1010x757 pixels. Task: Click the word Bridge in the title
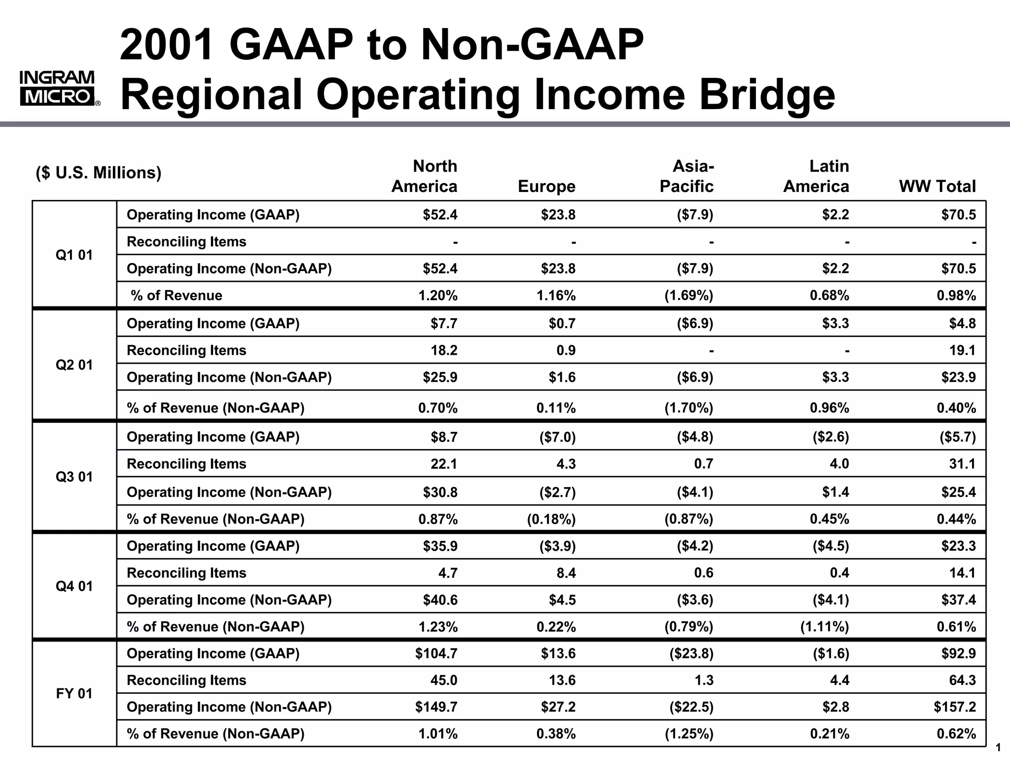767,94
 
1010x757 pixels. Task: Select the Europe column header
546,186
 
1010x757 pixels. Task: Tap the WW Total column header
937,186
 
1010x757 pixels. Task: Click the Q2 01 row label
74,365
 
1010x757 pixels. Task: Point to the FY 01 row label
74,693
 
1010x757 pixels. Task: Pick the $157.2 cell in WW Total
954,707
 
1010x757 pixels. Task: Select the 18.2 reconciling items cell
444,350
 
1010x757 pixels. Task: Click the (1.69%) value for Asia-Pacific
688,295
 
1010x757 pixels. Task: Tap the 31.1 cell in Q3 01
962,464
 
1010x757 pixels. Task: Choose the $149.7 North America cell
436,707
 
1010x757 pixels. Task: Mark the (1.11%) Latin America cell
824,627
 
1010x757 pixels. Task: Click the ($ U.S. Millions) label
99,173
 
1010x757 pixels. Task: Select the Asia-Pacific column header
686,176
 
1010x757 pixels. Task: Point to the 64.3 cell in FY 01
962,680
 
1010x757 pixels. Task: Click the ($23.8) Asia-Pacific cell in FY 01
691,653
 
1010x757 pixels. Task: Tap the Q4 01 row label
74,586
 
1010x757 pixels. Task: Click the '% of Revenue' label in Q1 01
176,295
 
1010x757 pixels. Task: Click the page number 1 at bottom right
998,747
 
